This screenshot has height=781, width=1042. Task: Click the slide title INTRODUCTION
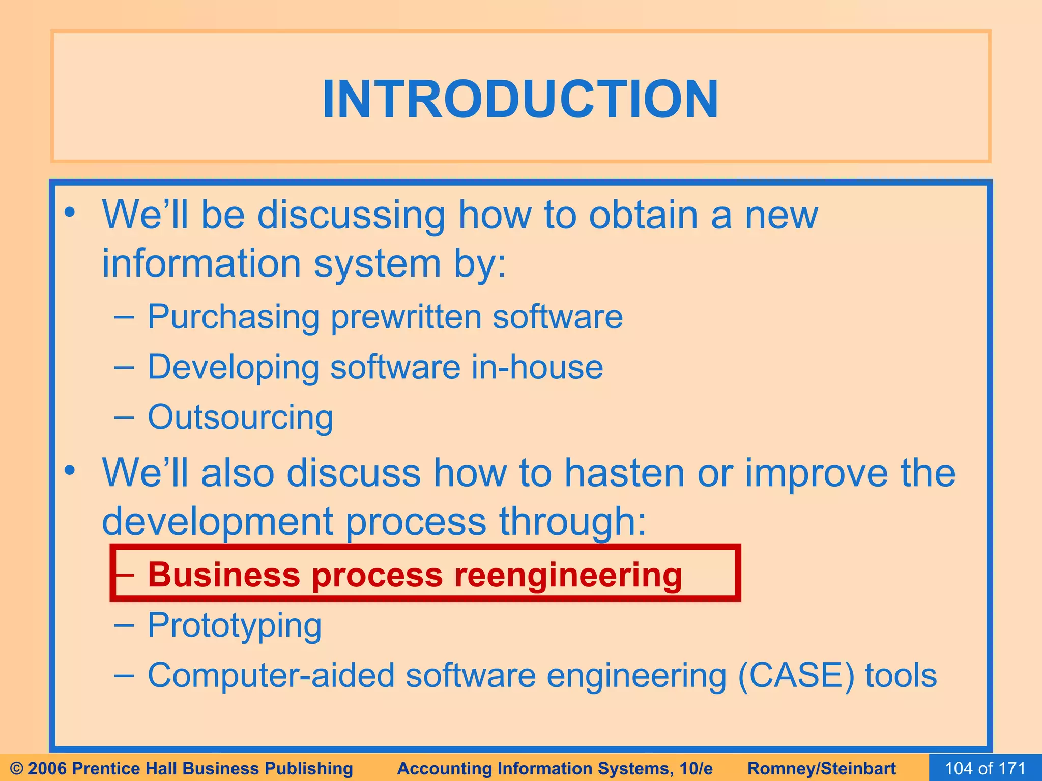point(520,99)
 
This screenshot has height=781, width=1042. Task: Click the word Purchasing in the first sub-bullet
point(233,317)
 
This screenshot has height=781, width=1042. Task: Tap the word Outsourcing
point(240,417)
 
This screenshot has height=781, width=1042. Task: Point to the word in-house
point(537,367)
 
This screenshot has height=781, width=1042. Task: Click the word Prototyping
point(235,625)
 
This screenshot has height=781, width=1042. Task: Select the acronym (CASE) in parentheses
point(795,676)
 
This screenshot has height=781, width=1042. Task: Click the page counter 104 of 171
point(985,768)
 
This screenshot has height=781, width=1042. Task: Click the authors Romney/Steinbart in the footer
point(821,768)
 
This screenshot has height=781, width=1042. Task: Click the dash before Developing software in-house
point(124,367)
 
